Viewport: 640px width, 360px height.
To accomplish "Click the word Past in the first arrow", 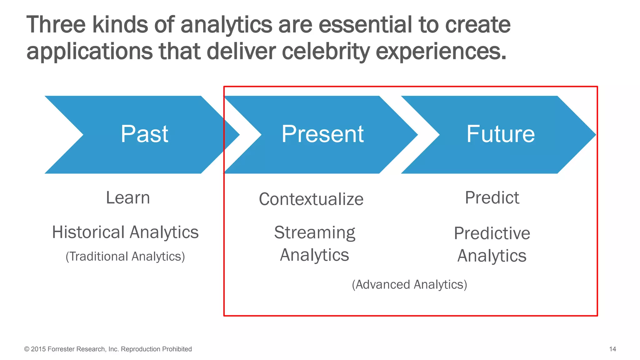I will tap(144, 134).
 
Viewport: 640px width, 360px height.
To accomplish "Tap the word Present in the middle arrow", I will tap(322, 134).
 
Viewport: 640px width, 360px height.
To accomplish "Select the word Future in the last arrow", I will tap(500, 134).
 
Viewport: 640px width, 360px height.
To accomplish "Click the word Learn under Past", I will tap(128, 198).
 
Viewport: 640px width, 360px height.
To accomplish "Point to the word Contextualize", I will tap(311, 199).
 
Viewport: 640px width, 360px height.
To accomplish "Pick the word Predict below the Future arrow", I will tap(492, 198).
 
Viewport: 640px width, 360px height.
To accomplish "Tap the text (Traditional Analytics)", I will tap(125, 257).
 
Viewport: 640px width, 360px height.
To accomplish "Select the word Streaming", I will tap(314, 233).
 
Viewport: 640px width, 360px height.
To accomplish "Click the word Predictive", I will tap(492, 233).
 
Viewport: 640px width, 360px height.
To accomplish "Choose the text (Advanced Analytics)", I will tap(409, 285).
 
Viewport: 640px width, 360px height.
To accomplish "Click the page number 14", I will tap(612, 349).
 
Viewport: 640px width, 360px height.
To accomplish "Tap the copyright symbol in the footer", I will tap(27, 349).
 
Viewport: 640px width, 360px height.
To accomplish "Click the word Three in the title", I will tap(56, 25).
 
